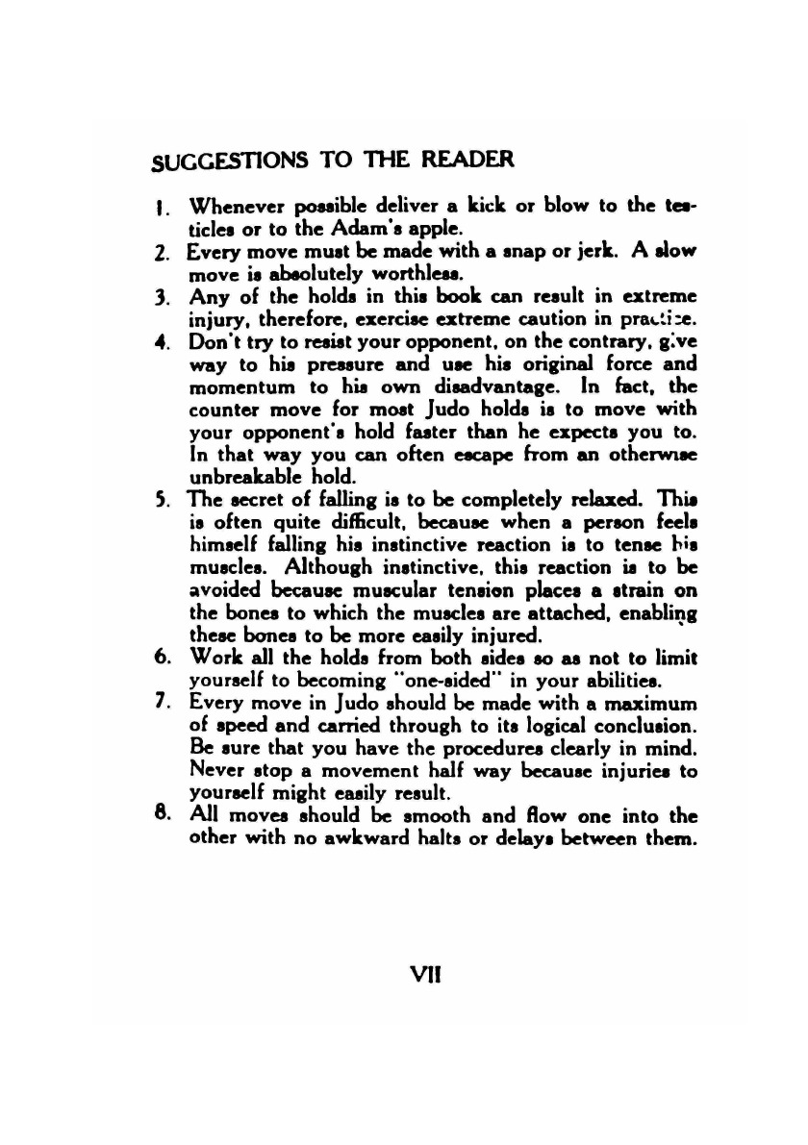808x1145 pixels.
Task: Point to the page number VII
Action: click(422, 973)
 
